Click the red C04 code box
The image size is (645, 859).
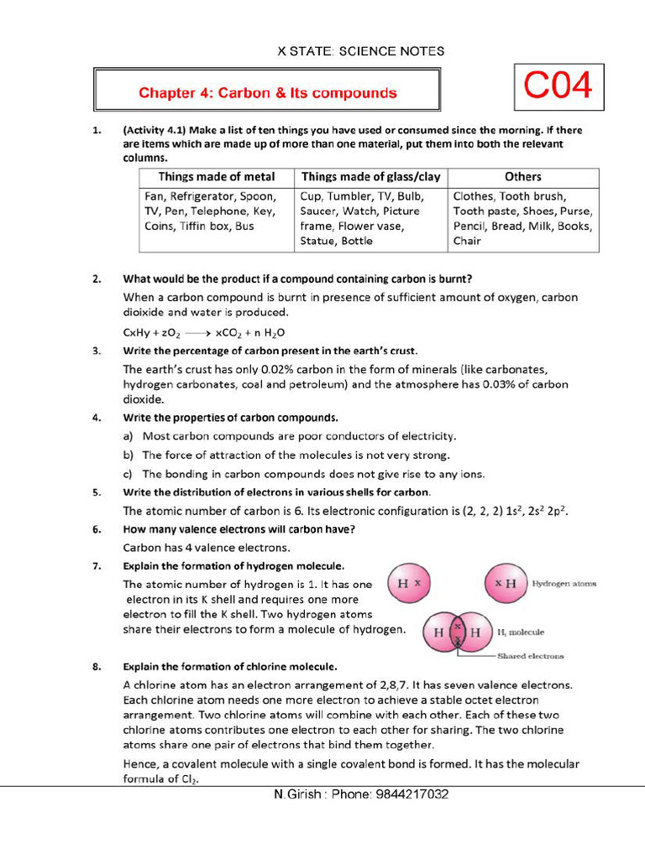pos(558,86)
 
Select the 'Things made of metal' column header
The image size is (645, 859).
pos(217,177)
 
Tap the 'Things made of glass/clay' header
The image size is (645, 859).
pos(370,177)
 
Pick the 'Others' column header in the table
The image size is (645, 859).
pos(522,177)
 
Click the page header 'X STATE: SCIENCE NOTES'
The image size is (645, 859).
pos(361,51)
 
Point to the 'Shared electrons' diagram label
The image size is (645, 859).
pos(530,656)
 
